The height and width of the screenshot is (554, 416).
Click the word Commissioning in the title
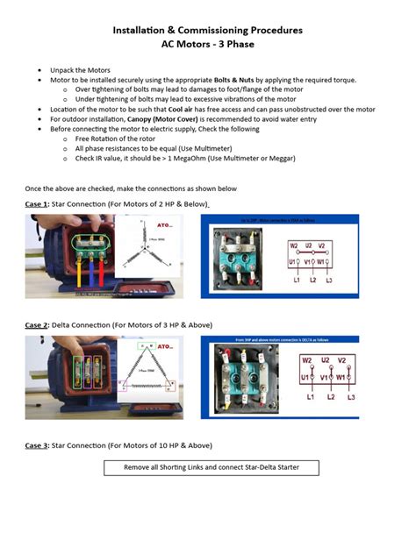click(x=209, y=30)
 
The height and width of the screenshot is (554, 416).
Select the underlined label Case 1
click(x=37, y=203)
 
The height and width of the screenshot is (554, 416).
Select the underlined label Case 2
click(x=37, y=325)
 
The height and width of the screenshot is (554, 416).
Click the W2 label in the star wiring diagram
click(x=295, y=245)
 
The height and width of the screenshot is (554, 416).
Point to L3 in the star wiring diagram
click(x=328, y=280)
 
